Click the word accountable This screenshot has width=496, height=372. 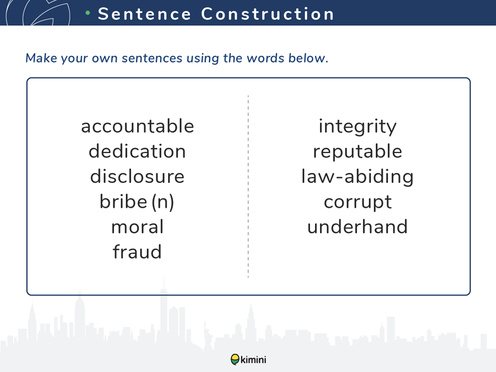(x=138, y=126)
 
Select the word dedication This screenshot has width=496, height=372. (x=137, y=151)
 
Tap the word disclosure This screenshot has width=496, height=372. (x=137, y=176)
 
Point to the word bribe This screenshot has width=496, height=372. (x=123, y=201)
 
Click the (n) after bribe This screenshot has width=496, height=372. (x=163, y=202)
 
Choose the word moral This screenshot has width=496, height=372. (x=138, y=227)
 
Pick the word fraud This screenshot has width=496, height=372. (x=137, y=252)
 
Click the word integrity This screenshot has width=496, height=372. (x=358, y=127)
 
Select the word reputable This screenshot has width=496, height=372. (x=358, y=152)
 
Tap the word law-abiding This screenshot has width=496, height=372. (x=358, y=177)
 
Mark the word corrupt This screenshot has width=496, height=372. (x=358, y=203)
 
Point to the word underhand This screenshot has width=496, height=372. (x=358, y=227)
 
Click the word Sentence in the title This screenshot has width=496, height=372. (x=144, y=14)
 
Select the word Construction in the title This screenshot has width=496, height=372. (x=268, y=14)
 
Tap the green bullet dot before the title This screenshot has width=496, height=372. (x=88, y=13)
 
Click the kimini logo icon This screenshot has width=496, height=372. (x=235, y=360)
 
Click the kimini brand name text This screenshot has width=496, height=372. (x=254, y=360)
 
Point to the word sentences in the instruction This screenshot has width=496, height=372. (x=152, y=58)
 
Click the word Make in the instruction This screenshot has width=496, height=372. (x=42, y=58)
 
